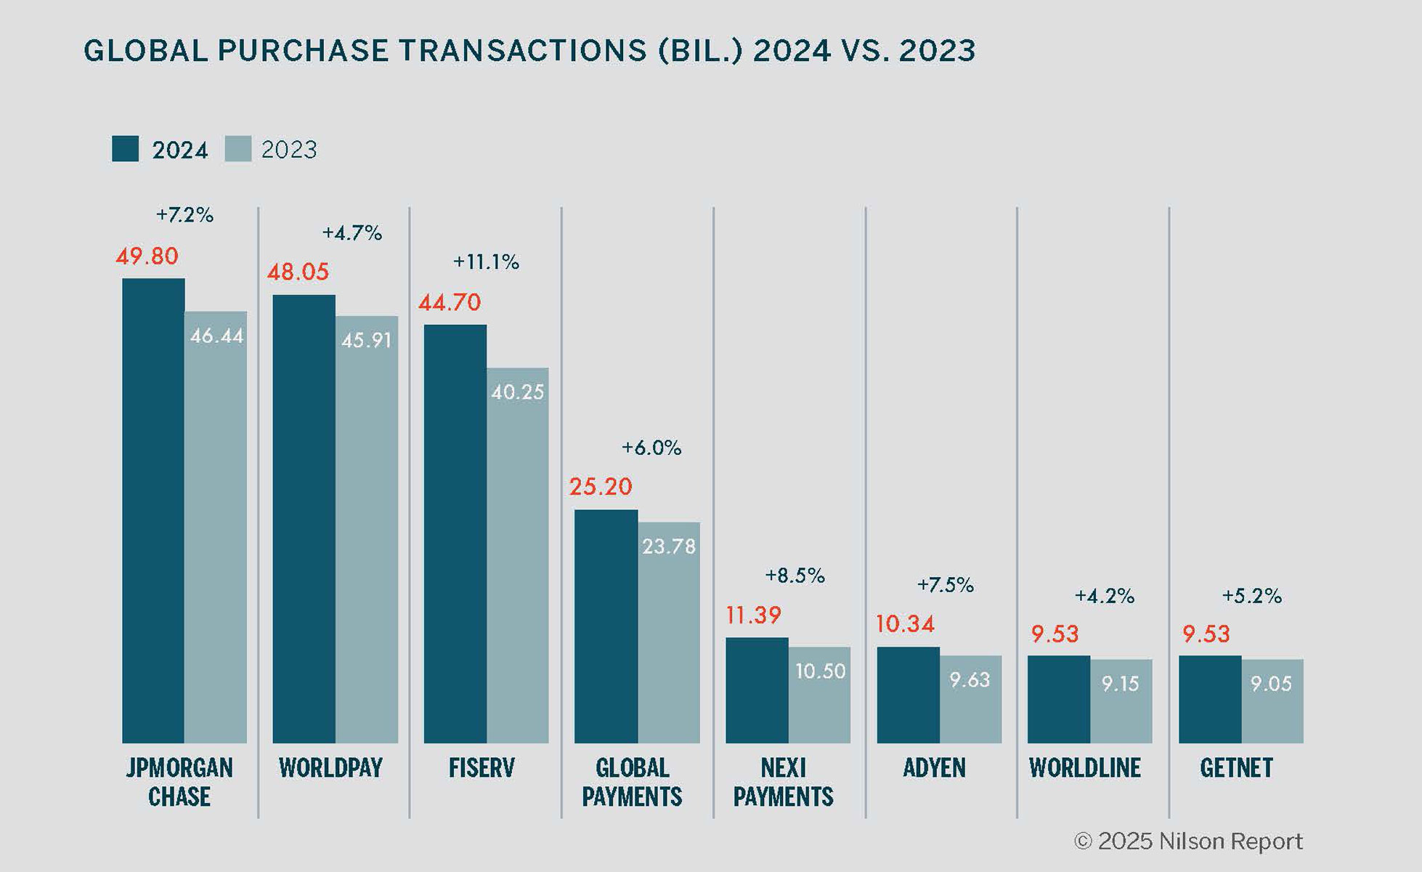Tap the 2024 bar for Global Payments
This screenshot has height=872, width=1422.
pyautogui.click(x=606, y=626)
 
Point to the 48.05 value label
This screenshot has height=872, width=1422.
pyautogui.click(x=298, y=272)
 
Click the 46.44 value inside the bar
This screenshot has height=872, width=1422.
pyautogui.click(x=216, y=336)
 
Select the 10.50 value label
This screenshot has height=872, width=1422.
pyautogui.click(x=820, y=671)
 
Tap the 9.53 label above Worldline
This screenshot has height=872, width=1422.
pyautogui.click(x=1055, y=634)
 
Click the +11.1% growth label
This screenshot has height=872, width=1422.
pyautogui.click(x=486, y=262)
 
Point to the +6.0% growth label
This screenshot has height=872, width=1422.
pyautogui.click(x=651, y=448)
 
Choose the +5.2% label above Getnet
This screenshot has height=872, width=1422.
pyautogui.click(x=1251, y=596)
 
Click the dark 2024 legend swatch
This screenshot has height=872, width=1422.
pyautogui.click(x=125, y=149)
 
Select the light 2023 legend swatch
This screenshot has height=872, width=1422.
pyautogui.click(x=238, y=149)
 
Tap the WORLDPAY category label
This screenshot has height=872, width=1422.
pyautogui.click(x=330, y=768)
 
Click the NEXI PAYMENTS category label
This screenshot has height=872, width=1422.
pyautogui.click(x=783, y=782)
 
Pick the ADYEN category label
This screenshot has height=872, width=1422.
pyautogui.click(x=934, y=768)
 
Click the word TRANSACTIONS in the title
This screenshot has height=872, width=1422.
pyautogui.click(x=522, y=51)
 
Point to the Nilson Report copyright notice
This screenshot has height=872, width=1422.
pyautogui.click(x=1188, y=841)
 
